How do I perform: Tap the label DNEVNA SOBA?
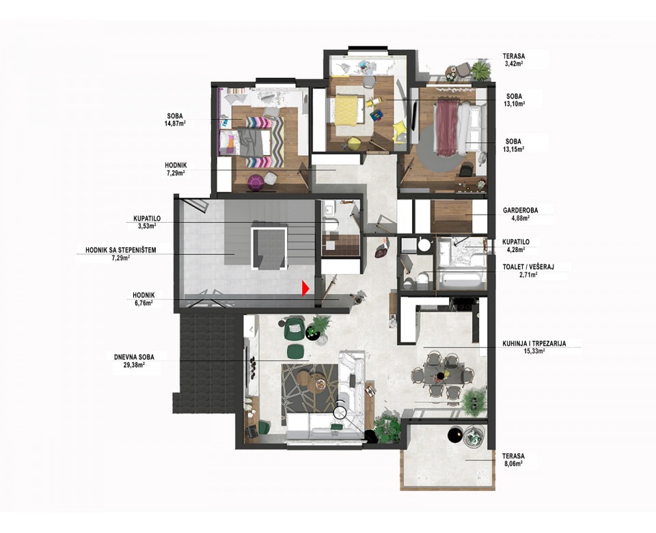coord(134,357)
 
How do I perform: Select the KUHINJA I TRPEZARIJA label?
coord(534,344)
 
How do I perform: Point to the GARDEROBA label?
coord(521,210)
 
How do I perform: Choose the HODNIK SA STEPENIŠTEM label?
coord(121,250)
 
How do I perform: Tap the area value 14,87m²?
coord(176,124)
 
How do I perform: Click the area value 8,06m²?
coord(513,463)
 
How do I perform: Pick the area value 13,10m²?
coord(515,104)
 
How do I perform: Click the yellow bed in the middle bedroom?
coord(346,110)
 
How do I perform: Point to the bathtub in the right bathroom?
coord(461,280)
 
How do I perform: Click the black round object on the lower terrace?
coord(454,434)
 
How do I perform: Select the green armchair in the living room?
coord(295,329)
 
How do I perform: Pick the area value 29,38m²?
coord(134,365)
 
